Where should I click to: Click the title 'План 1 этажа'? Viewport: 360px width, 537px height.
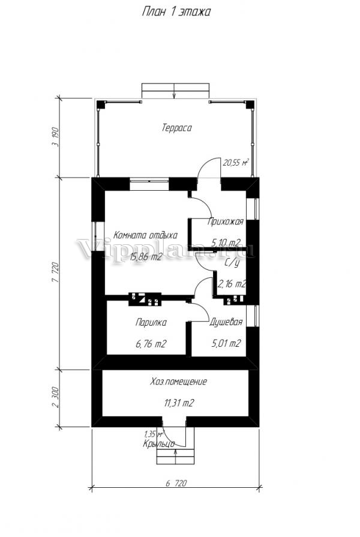click(176, 12)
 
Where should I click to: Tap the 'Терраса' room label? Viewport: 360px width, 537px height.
click(176, 128)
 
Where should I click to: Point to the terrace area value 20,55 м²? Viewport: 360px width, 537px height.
click(236, 163)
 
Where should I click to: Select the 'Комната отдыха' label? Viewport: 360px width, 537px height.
click(146, 235)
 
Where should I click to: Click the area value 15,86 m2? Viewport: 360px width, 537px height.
click(146, 257)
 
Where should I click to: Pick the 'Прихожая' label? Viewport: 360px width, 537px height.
click(226, 221)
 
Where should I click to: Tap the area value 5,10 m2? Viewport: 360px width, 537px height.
click(226, 243)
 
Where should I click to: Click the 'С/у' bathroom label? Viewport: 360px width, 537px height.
click(232, 263)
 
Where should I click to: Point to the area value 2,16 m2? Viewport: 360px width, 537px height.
click(232, 284)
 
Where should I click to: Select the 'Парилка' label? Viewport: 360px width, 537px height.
click(151, 323)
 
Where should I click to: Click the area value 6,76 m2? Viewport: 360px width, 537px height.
click(151, 344)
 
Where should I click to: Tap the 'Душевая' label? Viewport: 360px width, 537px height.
click(226, 322)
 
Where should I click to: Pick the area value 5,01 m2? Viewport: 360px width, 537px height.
click(226, 343)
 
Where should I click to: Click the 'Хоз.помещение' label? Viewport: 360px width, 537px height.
click(178, 382)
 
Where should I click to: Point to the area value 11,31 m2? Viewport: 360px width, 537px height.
click(179, 403)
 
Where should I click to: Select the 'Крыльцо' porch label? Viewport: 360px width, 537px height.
click(158, 444)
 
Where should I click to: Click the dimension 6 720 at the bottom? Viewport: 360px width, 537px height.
click(176, 483)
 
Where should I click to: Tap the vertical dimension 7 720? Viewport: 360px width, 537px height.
click(55, 272)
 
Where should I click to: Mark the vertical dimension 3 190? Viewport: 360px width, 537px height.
click(55, 137)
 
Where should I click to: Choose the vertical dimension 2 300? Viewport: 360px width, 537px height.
click(55, 398)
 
